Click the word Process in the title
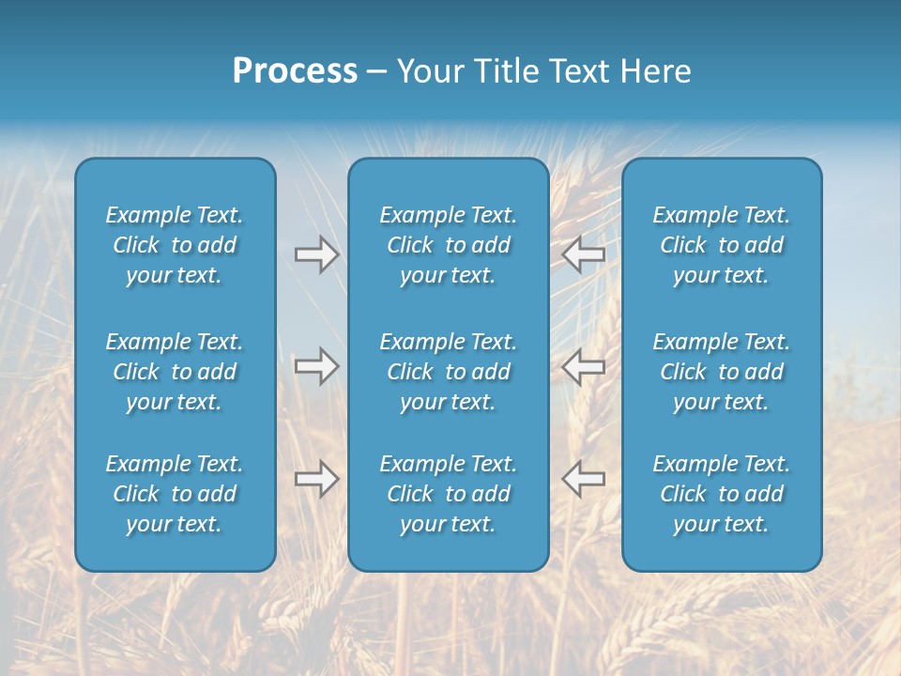295,71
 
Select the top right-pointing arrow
316,254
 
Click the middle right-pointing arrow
316,366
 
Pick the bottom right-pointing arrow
316,479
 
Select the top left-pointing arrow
584,254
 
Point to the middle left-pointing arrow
584,366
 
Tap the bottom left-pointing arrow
584,479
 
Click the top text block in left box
175,245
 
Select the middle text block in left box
175,372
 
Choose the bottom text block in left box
175,494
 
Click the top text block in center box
448,245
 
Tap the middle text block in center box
448,372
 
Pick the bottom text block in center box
448,494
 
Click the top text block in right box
721,245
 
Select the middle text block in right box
721,372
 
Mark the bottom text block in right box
721,494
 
